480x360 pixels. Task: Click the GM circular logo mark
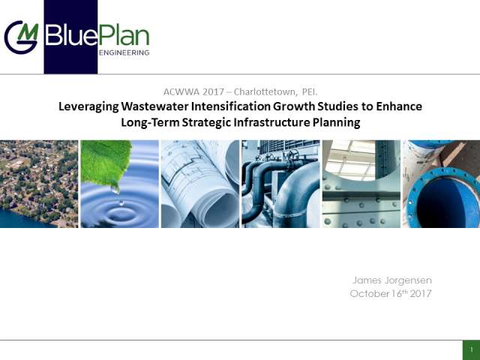22,37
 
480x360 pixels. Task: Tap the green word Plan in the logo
124,35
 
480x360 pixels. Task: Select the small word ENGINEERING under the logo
124,52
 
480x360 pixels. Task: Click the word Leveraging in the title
88,106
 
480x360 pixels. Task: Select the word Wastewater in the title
154,106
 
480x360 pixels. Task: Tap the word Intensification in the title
231,106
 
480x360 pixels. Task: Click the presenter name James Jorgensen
392,280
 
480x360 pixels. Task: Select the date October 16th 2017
391,293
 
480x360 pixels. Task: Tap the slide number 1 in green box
472,349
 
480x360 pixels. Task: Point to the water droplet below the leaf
121,202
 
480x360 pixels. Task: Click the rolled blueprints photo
200,184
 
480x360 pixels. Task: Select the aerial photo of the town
39,184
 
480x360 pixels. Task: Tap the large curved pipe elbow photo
280,184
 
